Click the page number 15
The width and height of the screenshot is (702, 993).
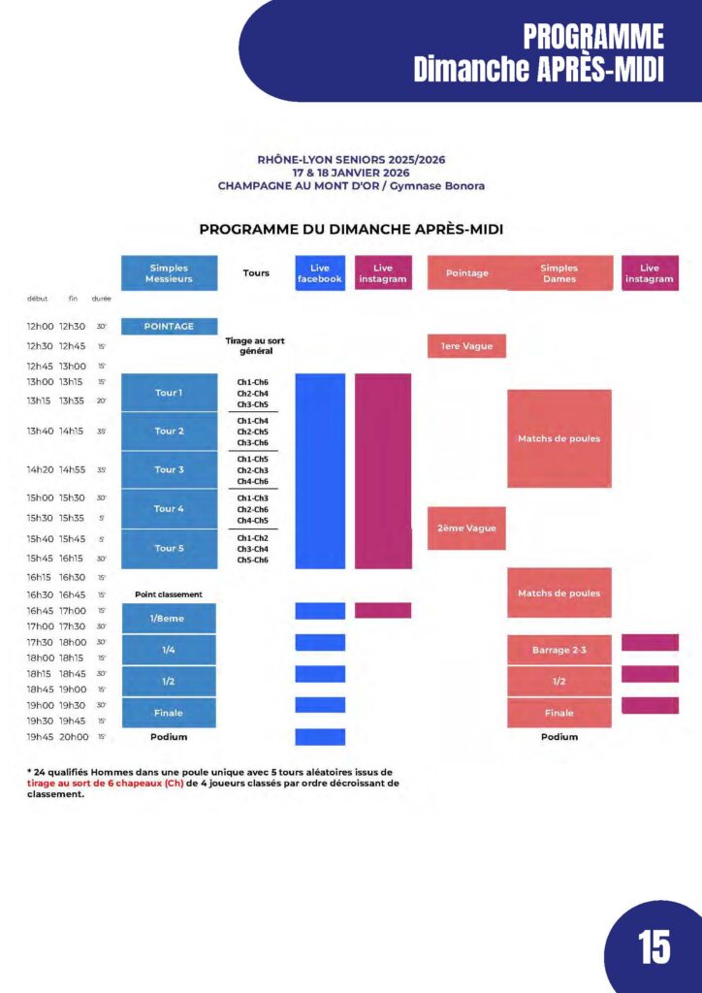[x=654, y=946]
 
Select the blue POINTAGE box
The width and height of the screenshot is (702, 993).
[x=169, y=327]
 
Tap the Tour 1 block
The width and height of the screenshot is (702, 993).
[x=169, y=393]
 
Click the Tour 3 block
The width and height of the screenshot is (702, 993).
[x=169, y=469]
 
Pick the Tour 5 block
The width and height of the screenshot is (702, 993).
[x=169, y=548]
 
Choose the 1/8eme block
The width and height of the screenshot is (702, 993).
[x=169, y=618]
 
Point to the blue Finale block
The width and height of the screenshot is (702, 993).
[x=169, y=713]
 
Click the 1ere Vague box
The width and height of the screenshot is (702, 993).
[x=466, y=346]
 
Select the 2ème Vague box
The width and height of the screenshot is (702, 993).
[x=466, y=529]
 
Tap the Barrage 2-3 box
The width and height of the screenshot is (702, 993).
[x=558, y=649]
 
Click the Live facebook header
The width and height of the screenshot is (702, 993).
[x=320, y=273]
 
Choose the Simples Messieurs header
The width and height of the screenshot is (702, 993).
[x=169, y=273]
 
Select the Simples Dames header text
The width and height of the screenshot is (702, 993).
[x=558, y=273]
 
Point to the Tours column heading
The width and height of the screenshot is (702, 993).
[x=256, y=273]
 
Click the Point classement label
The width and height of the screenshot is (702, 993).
[x=169, y=594]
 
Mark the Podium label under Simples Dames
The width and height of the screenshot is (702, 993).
[x=558, y=737]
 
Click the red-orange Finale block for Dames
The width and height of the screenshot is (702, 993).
[x=558, y=713]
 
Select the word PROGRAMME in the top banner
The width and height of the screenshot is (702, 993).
[x=593, y=38]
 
